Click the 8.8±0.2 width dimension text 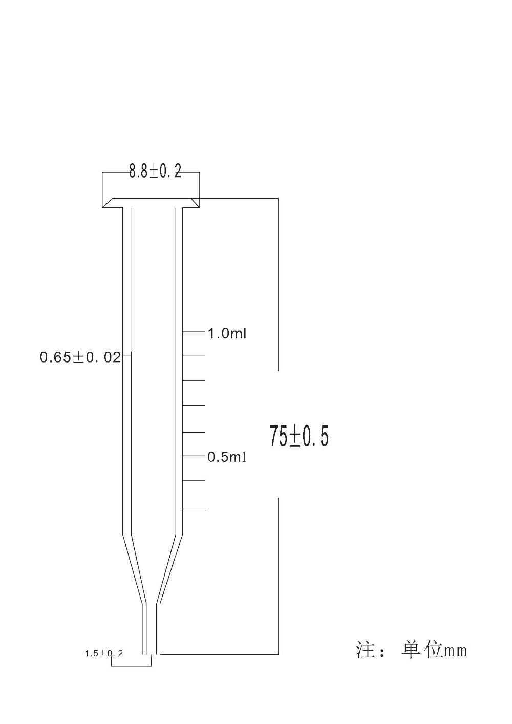point(155,171)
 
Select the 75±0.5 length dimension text point(299,436)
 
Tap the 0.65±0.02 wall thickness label point(80,357)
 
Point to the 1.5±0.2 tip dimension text point(104,653)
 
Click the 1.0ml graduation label point(227,334)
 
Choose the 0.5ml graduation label point(227,457)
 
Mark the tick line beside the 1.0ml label point(194,332)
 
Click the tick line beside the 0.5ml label point(194,455)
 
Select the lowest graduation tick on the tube point(194,509)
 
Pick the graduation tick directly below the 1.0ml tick point(194,355)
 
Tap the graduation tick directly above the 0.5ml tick point(194,432)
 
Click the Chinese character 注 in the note point(366,650)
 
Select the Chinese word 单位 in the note point(421,650)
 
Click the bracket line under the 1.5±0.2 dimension point(131,666)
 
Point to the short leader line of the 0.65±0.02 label point(127,355)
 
